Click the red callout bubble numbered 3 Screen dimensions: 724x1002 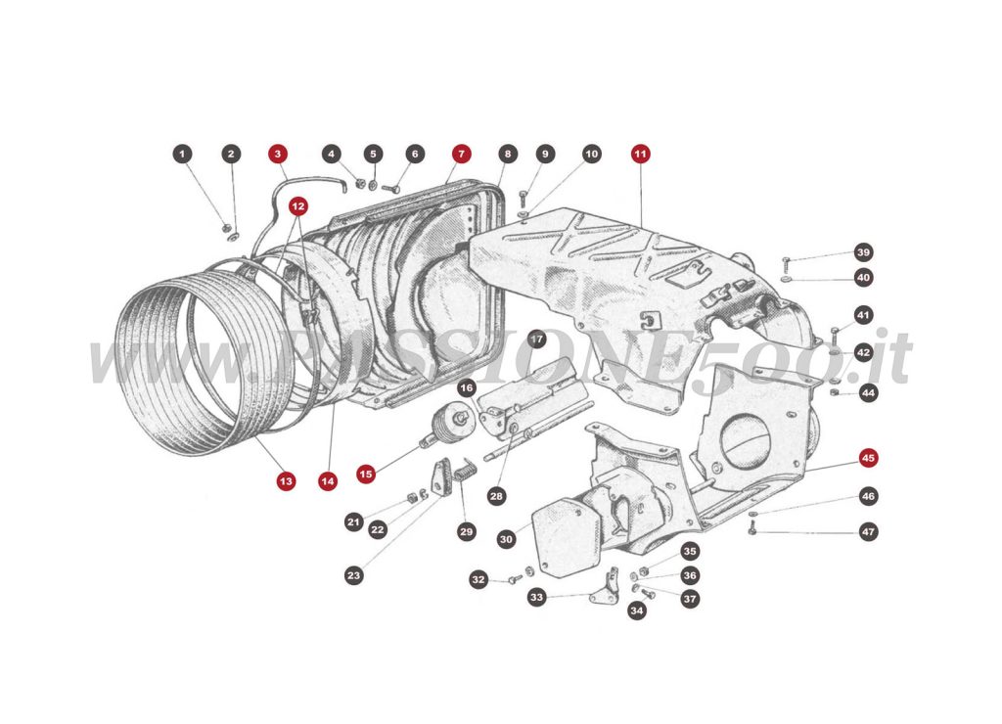[x=279, y=155]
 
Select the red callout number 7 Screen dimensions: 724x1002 [x=461, y=155]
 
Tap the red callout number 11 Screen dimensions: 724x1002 [x=640, y=155]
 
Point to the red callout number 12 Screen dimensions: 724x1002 [x=297, y=206]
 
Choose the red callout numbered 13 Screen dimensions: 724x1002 [x=285, y=480]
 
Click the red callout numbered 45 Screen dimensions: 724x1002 [x=868, y=458]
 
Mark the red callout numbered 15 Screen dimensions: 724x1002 [x=366, y=474]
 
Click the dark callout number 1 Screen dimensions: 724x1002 [x=181, y=155]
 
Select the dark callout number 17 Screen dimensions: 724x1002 [x=536, y=339]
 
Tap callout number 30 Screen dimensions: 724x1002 [x=506, y=539]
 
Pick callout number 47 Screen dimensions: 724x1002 [x=868, y=532]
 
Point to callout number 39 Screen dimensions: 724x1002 [x=862, y=251]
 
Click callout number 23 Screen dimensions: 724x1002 [x=353, y=575]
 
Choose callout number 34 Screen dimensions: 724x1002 [x=637, y=611]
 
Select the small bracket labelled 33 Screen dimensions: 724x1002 [x=607, y=586]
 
